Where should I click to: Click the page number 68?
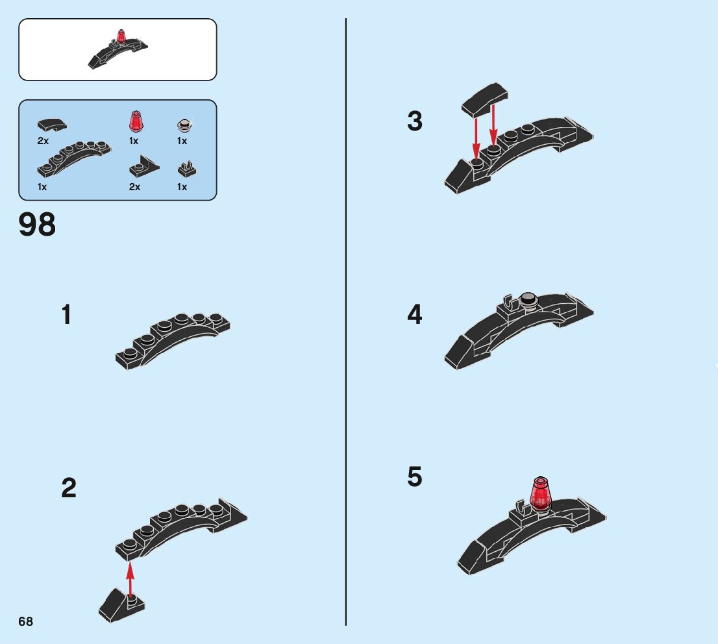coord(26,621)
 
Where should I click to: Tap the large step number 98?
coord(38,225)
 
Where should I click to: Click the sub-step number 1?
coord(66,316)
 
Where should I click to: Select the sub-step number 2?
coord(69,488)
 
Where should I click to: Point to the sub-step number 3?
coord(415,121)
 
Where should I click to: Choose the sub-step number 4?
coord(415,316)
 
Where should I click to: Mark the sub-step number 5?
coord(415,477)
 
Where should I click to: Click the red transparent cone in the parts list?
coord(135,121)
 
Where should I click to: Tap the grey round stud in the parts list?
coord(184,125)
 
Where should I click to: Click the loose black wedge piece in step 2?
coord(121,603)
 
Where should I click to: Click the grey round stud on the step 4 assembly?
coord(529,299)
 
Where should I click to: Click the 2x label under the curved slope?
coord(43,141)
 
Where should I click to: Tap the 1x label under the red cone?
coord(134,141)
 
